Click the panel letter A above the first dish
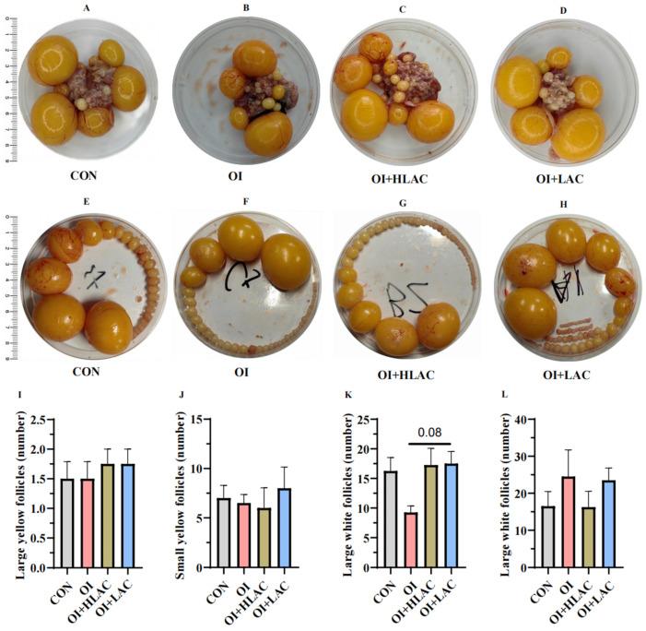click(x=86, y=8)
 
